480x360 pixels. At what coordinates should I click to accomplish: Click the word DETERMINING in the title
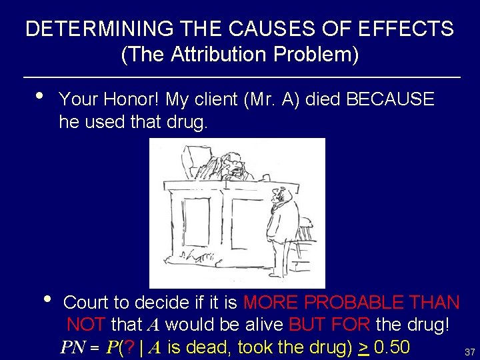[98, 29]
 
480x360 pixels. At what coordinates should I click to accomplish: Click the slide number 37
[469, 351]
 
